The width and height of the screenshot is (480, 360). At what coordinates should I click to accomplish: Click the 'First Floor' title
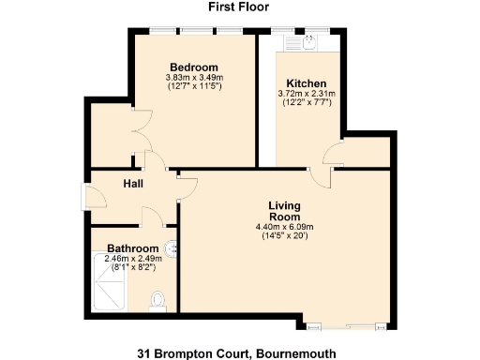(239, 7)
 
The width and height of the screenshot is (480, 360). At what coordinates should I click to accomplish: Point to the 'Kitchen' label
(307, 82)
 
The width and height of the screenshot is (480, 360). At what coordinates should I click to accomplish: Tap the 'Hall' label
(132, 185)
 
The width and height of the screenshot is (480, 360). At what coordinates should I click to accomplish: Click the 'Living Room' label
(283, 211)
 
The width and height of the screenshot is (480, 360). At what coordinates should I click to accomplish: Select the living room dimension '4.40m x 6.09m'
(283, 227)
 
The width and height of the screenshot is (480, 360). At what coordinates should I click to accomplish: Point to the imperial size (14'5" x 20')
(283, 236)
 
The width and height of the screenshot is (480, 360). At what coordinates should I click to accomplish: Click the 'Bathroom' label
(131, 248)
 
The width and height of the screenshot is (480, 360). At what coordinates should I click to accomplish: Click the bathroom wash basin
(170, 249)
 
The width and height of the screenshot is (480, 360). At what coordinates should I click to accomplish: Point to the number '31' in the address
(143, 352)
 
